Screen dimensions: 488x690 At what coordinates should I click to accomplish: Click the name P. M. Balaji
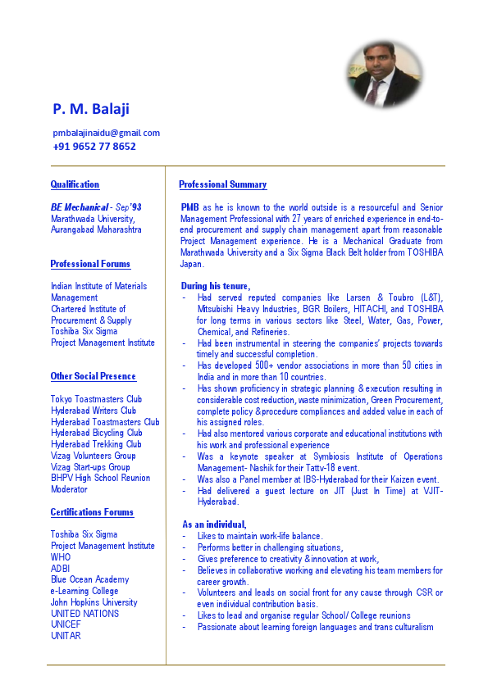[91, 109]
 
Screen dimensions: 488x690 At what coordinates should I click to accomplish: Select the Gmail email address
[106, 133]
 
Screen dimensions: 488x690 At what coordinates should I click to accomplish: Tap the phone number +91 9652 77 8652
[94, 147]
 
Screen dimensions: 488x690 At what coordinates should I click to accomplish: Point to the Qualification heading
[75, 184]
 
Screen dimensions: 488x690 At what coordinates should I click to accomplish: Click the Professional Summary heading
[222, 184]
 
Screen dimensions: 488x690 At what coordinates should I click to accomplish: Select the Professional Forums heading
[90, 264]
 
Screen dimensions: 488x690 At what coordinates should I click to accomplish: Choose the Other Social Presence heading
[93, 376]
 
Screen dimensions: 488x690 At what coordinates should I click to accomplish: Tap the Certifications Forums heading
[92, 512]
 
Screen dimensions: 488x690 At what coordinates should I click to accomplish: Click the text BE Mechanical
[79, 207]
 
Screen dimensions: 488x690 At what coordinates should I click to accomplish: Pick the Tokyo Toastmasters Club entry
[96, 399]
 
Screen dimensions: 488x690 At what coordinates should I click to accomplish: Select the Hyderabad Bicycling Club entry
[96, 433]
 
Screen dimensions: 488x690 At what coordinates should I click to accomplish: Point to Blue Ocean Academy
[89, 579]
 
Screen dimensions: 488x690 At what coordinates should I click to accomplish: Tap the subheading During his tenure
[215, 285]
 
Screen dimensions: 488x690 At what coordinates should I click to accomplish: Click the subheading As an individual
[213, 524]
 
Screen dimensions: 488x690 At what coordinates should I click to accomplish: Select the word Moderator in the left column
[69, 489]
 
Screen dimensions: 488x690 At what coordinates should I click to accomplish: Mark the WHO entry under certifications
[61, 556]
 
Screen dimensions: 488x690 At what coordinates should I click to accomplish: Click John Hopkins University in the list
[93, 602]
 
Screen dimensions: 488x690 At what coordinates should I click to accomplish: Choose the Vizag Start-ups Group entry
[90, 467]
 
